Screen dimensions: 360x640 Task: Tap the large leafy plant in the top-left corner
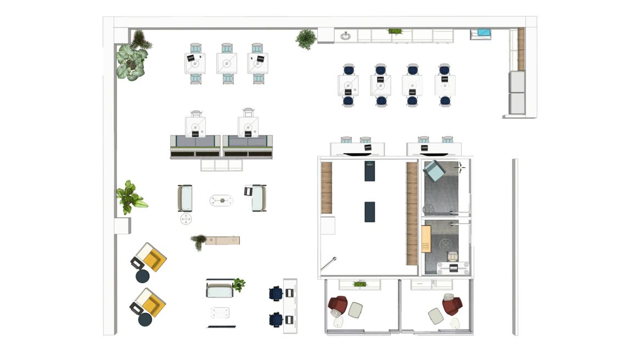[131, 61]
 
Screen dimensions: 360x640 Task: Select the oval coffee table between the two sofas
[221, 200]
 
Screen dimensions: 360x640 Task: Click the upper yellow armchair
[149, 257]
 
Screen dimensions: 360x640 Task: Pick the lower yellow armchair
[149, 302]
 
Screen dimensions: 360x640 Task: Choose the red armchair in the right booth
[452, 305]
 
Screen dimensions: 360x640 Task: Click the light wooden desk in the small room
[426, 238]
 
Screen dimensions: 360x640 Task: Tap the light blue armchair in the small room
[435, 171]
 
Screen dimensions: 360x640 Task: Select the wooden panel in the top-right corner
[521, 49]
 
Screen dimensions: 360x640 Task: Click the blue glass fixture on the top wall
[484, 33]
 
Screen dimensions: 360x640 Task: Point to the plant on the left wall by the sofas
[130, 197]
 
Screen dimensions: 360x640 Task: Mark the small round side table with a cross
[186, 220]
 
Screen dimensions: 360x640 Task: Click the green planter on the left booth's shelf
[360, 284]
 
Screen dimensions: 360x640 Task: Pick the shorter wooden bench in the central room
[327, 188]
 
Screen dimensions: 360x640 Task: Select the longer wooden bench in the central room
[411, 213]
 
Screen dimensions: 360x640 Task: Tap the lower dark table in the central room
[369, 212]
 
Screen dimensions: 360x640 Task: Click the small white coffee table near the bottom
[220, 313]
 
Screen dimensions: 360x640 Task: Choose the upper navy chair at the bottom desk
[276, 294]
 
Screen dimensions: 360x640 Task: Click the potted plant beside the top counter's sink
[306, 39]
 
